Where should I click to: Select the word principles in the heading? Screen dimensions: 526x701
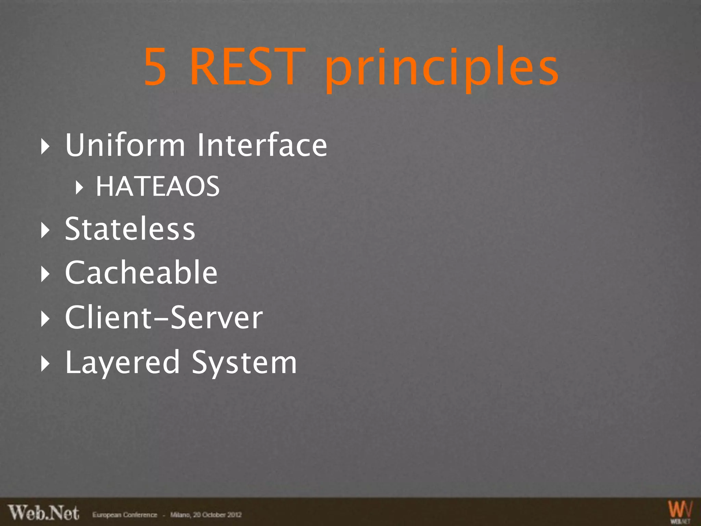pos(442,68)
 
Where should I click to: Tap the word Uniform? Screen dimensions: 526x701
pos(125,145)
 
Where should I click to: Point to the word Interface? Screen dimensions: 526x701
pos(262,145)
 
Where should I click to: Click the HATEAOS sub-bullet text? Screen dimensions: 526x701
pos(157,187)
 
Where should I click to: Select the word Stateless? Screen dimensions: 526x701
pos(130,229)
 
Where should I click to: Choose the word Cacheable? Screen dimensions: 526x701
pos(141,273)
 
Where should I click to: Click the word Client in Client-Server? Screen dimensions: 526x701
pos(108,318)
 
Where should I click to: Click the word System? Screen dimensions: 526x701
pos(244,363)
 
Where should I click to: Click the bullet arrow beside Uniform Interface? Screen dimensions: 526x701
pos(45,147)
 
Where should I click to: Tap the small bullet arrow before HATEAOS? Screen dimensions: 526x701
pos(79,187)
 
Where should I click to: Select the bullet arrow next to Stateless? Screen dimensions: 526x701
pos(45,230)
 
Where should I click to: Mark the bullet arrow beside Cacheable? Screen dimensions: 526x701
pos(45,274)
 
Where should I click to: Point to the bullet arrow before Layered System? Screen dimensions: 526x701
pos(45,364)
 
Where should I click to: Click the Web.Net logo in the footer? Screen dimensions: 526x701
pos(44,513)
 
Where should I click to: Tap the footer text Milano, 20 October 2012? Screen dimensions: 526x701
pos(206,515)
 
